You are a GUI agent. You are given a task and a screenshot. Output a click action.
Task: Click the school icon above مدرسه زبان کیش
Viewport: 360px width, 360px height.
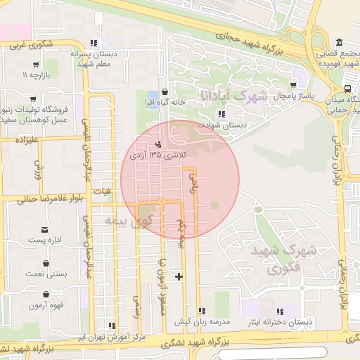pyautogui.click(x=202, y=311)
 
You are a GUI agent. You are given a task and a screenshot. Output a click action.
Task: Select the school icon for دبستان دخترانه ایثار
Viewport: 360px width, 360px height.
pyautogui.click(x=280, y=311)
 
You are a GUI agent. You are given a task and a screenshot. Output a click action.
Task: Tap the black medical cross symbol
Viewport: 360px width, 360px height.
pyautogui.click(x=179, y=276)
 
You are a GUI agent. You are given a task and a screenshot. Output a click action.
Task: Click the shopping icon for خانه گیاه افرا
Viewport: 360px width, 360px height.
pyautogui.click(x=165, y=91)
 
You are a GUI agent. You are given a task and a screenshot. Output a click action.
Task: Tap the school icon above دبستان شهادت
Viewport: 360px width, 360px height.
pyautogui.click(x=221, y=114)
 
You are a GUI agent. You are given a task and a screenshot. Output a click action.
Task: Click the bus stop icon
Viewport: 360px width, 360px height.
pyautogui.click(x=349, y=89)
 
